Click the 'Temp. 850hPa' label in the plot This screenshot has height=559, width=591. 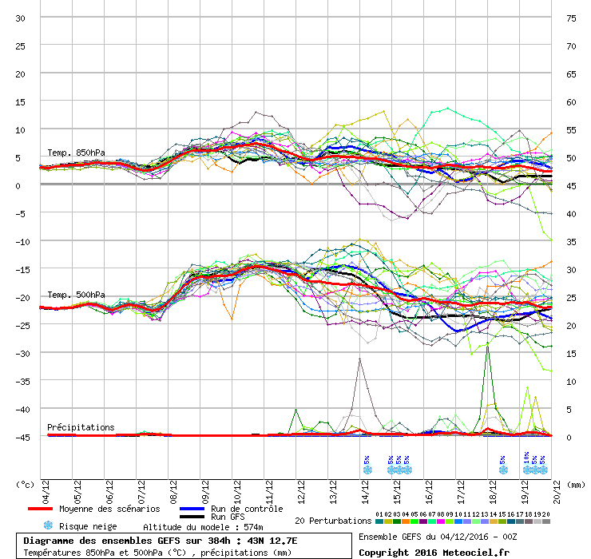click(76, 153)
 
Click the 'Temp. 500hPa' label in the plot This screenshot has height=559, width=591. click(76, 295)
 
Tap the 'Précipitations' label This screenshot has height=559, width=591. click(81, 427)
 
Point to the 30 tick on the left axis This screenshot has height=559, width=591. click(22, 18)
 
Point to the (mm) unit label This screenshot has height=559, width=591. click(577, 484)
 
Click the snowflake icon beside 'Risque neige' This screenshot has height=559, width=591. click(48, 525)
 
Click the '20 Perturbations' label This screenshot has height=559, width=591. click(333, 521)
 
